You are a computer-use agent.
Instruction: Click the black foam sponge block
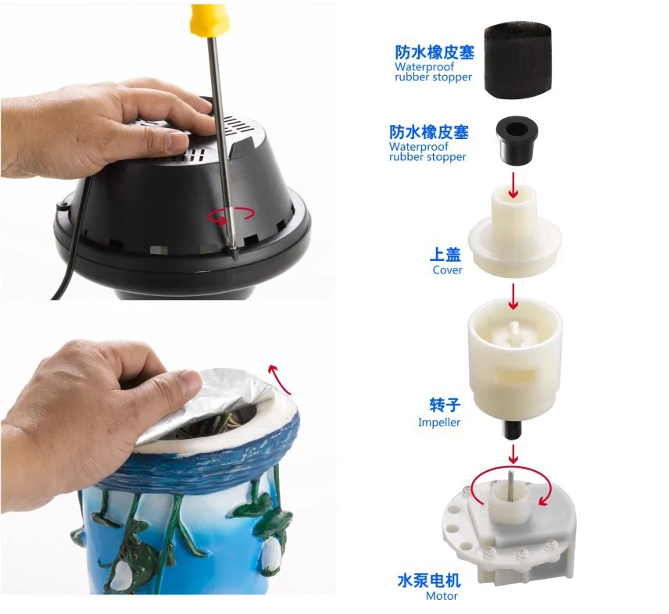(x=517, y=61)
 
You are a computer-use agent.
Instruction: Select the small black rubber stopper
(x=517, y=142)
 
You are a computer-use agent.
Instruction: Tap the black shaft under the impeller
(x=512, y=429)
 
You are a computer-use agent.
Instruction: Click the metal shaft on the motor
(x=510, y=486)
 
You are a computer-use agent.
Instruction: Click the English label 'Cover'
(x=447, y=270)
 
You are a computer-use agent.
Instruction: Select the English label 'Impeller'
(x=439, y=423)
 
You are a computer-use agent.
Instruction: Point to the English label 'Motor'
(x=442, y=596)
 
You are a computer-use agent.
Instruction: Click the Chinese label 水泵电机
(x=429, y=580)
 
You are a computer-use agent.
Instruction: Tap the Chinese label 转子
(x=445, y=405)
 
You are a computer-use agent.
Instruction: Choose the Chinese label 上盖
(x=445, y=255)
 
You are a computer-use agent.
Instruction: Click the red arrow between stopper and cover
(x=513, y=185)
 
